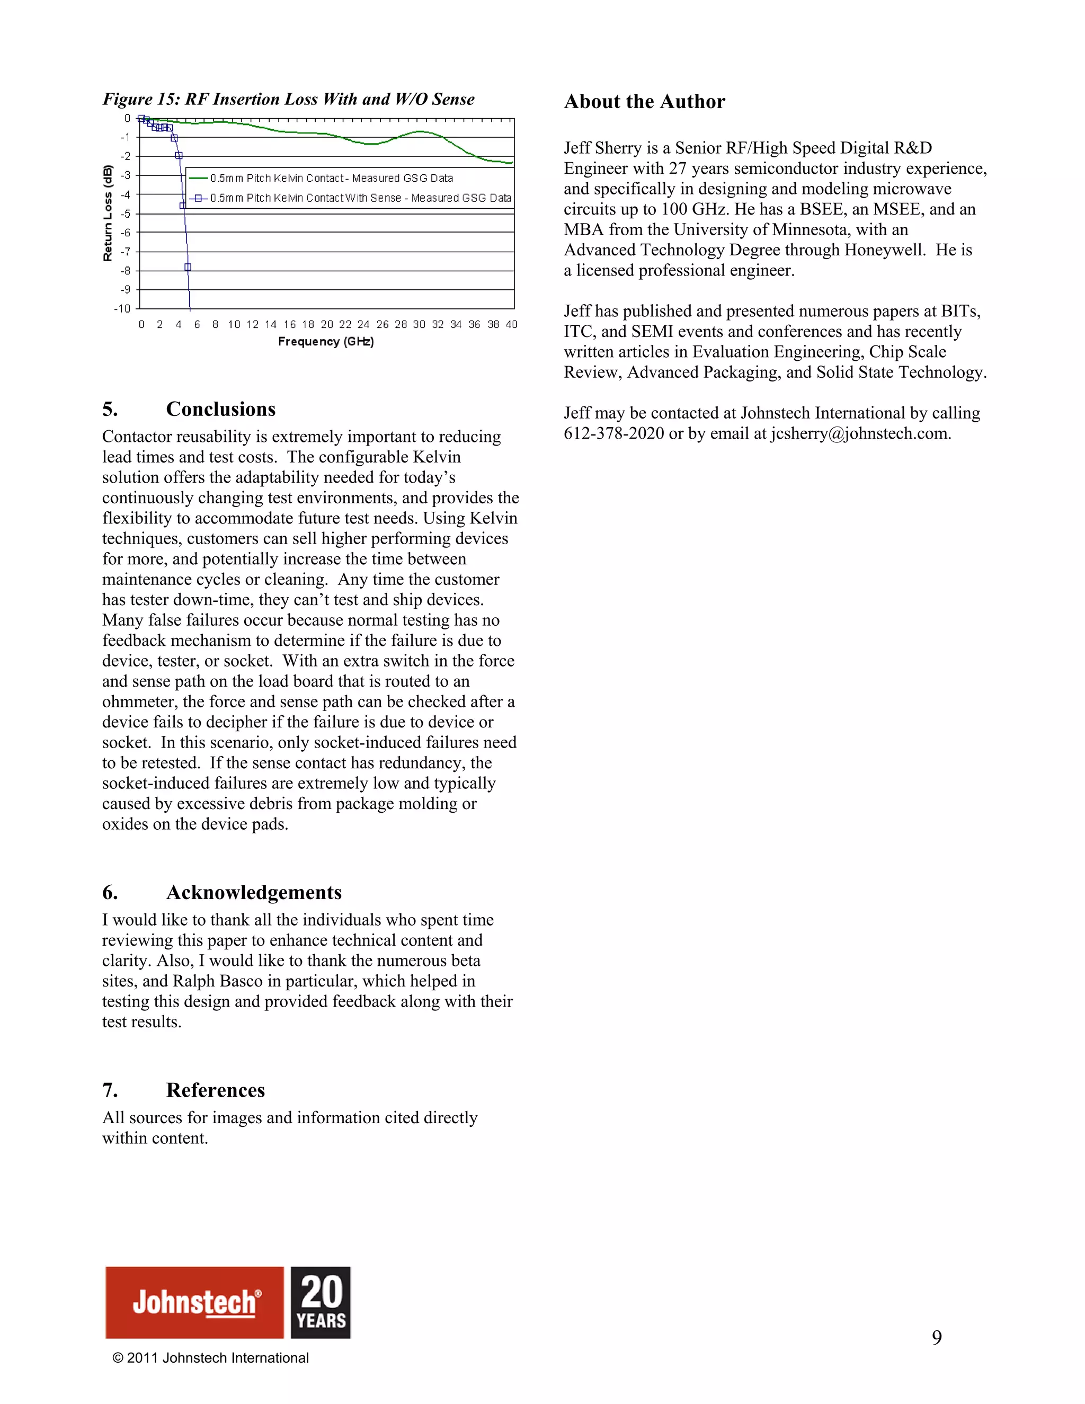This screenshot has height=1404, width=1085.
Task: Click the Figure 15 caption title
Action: (x=289, y=99)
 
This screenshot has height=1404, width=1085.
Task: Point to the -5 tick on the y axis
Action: (x=127, y=214)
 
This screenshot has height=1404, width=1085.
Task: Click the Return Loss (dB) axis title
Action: (x=108, y=214)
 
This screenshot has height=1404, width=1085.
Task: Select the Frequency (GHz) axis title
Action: (x=326, y=341)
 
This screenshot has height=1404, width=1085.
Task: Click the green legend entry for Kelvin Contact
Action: (x=331, y=178)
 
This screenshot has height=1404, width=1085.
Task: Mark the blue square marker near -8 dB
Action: (x=188, y=267)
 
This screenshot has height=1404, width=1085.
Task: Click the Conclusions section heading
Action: (x=220, y=410)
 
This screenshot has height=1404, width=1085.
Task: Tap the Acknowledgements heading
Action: (x=253, y=892)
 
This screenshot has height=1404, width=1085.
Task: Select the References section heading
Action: (x=215, y=1090)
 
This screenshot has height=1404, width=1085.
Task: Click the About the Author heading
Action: (x=644, y=102)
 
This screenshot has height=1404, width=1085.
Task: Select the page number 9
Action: (x=937, y=1338)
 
